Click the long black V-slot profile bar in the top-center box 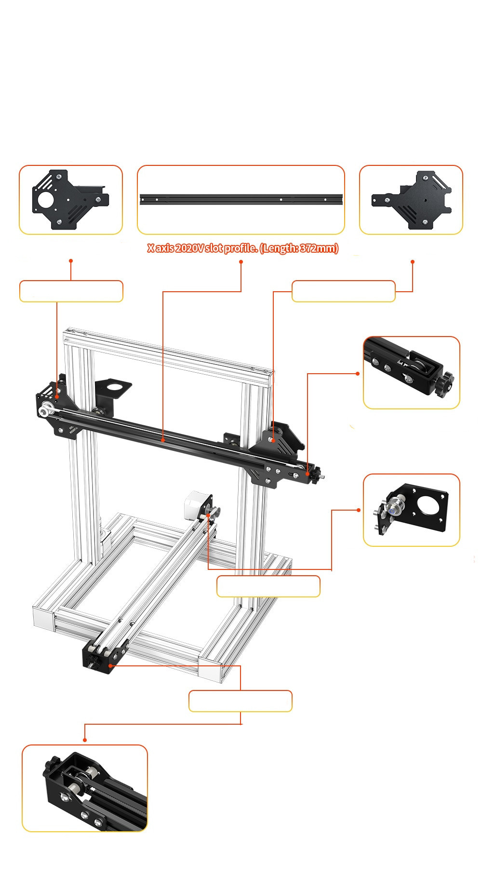241,199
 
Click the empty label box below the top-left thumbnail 71,291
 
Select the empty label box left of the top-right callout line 344,291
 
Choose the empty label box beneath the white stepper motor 268,586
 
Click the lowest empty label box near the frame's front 241,701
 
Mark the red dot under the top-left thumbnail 71,260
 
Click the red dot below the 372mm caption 241,262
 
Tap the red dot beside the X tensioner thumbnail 358,373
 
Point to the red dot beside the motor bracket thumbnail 358,510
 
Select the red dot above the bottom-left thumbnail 85,740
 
